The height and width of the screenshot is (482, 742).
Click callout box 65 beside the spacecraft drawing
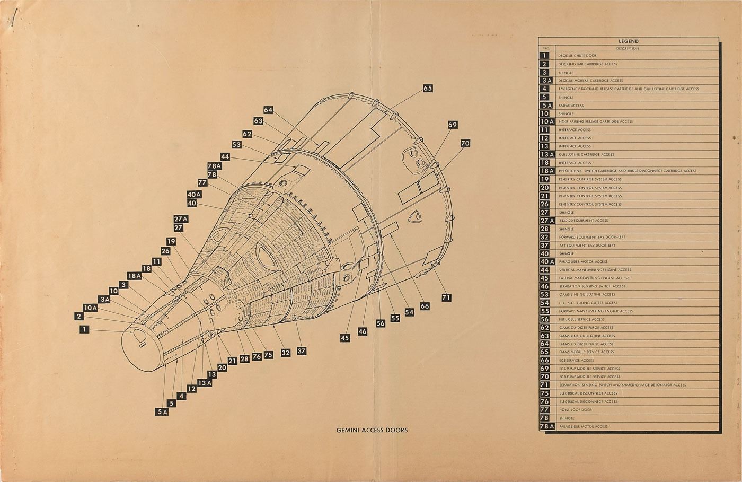tap(428, 89)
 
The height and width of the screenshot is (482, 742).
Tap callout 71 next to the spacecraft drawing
tap(446, 297)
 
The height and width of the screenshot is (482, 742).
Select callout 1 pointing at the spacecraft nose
tap(84, 330)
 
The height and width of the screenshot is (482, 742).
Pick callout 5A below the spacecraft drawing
tap(162, 411)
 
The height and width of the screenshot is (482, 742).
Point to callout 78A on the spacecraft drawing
tap(214, 166)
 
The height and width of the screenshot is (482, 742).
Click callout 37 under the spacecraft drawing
tap(302, 350)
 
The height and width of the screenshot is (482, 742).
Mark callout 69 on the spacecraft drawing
tap(452, 125)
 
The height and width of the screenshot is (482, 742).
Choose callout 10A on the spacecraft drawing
tap(91, 308)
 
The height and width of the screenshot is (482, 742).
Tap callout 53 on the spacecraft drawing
tap(236, 144)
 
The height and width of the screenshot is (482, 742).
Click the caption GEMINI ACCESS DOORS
tap(372, 430)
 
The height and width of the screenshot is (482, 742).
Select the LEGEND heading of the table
tap(628, 41)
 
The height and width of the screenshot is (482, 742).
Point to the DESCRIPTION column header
tap(628, 48)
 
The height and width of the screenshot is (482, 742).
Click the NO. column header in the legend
tap(546, 48)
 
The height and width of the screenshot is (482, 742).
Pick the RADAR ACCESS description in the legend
tap(571, 106)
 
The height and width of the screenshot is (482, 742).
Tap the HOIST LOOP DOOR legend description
tap(575, 410)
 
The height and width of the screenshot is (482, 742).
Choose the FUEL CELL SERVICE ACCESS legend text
tap(581, 319)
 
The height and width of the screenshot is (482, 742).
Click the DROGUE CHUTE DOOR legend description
tap(577, 56)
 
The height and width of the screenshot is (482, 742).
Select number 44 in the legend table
tap(545, 270)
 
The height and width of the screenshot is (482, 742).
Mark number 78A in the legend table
tap(546, 426)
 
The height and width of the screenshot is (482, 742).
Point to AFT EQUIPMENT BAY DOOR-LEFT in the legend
tap(586, 246)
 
